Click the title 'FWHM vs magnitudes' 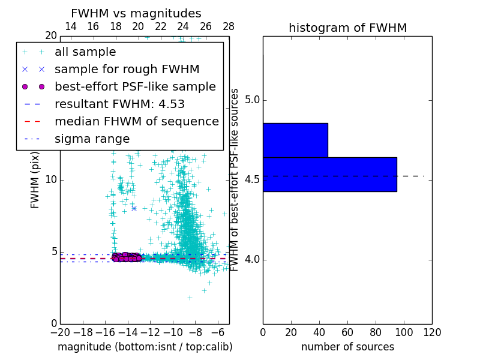pos(136,13)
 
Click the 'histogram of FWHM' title pos(347,28)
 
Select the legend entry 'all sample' pos(85,52)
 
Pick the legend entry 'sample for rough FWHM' pos(127,70)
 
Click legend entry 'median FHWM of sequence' pos(136,121)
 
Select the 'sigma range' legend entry pos(92,139)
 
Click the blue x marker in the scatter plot pos(134,208)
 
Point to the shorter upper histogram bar pos(295,140)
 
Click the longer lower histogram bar pos(329,174)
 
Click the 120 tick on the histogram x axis pos(432,332)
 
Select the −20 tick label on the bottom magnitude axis pos(60,332)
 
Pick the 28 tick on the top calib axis pos(229,26)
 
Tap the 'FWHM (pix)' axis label pos(35,180)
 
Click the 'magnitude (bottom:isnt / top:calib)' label pos(145,347)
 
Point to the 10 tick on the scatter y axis pos(51,180)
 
